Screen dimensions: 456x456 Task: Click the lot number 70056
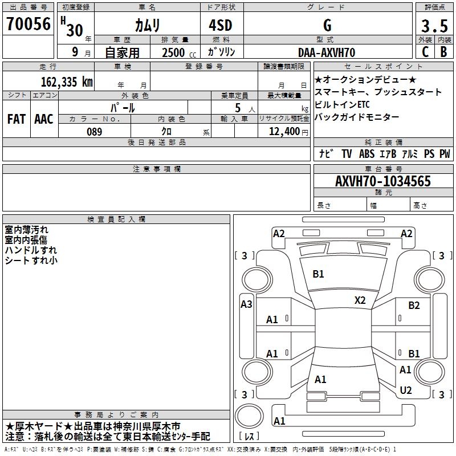pos(28,25)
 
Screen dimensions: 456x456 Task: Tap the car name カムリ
pos(147,25)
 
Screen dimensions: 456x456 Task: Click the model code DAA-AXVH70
pos(327,52)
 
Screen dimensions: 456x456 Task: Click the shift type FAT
pos(16,119)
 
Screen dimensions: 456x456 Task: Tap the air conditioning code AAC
pos(43,119)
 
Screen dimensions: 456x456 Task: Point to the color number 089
pos(94,132)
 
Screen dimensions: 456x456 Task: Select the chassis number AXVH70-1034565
pos(383,181)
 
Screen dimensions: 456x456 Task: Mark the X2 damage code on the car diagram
pos(360,300)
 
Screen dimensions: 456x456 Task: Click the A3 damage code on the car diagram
pos(246,304)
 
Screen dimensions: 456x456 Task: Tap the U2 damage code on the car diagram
pos(406,390)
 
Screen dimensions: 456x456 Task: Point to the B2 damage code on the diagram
pos(414,306)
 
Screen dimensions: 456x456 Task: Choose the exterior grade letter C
pos(425,52)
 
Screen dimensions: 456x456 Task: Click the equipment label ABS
pos(367,154)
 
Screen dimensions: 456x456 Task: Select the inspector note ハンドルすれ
pos(31,250)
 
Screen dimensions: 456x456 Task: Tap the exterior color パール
pos(123,107)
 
